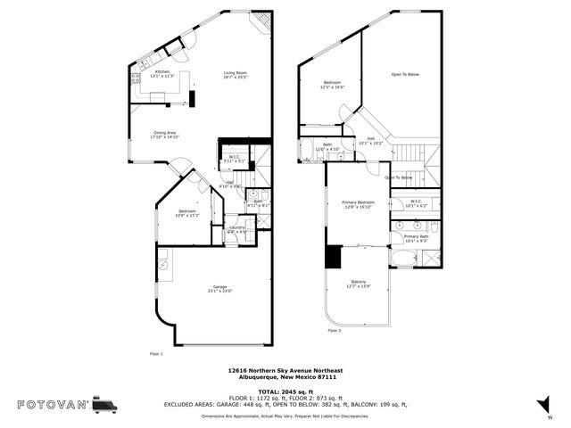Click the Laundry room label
click(236, 229)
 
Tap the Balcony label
click(358, 284)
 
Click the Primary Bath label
click(417, 238)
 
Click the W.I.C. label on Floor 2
click(417, 203)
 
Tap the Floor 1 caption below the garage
click(156, 354)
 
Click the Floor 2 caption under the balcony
click(334, 330)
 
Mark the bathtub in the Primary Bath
click(403, 259)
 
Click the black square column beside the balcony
click(334, 257)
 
